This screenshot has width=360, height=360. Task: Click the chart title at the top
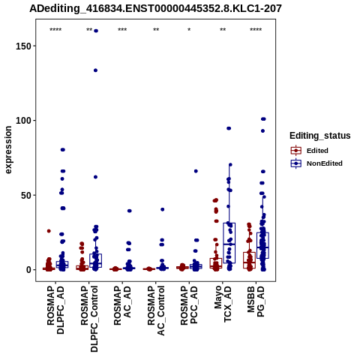155,9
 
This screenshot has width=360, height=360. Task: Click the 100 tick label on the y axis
23,121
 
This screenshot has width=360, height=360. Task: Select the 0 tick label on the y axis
28,270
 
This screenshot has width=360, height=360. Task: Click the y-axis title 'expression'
8,150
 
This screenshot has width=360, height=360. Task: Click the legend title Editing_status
320,136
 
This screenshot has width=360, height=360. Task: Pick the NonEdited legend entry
316,163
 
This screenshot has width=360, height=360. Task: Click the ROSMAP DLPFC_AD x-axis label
55,310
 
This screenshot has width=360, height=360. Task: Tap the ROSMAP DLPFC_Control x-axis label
89,319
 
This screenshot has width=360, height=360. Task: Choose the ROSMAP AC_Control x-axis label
156,311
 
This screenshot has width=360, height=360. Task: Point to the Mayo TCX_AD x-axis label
223,304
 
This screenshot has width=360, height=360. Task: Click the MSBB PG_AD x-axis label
256,301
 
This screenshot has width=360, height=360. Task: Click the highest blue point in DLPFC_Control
95,31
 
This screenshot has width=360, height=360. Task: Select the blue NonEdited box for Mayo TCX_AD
229,243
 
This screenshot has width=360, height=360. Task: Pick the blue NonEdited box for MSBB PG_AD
262,245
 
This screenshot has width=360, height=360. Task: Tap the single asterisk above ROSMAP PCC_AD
189,30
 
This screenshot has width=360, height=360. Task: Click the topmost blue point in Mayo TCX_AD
229,128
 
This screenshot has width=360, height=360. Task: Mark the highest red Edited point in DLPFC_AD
49,231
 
